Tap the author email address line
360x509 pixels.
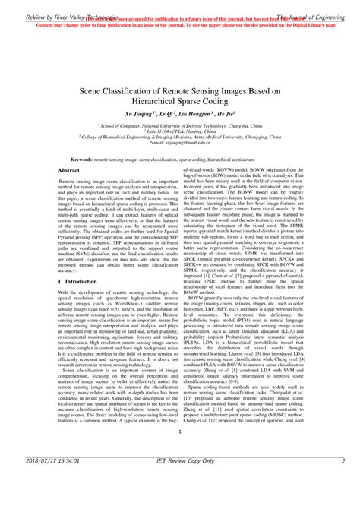coord(179,142)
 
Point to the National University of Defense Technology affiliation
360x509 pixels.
coord(181,124)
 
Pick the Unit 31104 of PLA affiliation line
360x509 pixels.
coord(179,130)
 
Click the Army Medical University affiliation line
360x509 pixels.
coord(179,136)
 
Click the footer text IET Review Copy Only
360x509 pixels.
coord(179,481)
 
